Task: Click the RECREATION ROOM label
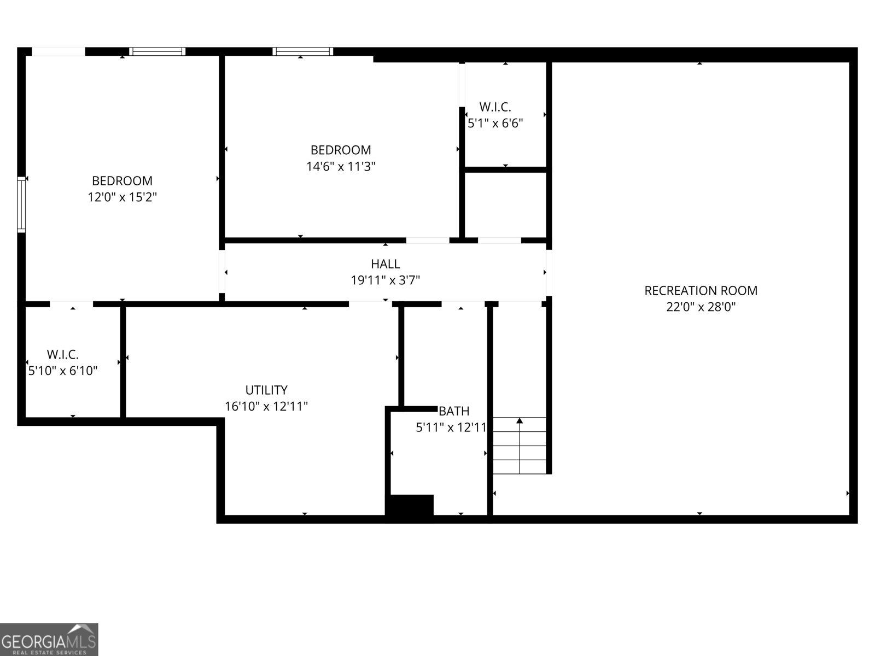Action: tap(701, 291)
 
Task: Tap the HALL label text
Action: tap(386, 264)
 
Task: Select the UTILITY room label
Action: tap(266, 390)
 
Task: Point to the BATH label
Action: tap(454, 411)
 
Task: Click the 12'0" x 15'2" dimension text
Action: tap(122, 197)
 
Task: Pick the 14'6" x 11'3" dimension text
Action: tap(341, 167)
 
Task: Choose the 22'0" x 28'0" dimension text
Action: tap(701, 307)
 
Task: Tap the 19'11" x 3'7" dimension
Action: tap(386, 280)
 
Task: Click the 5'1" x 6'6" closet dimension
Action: tap(495, 124)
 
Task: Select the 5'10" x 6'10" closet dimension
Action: tap(62, 371)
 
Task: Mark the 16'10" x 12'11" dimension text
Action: tap(266, 406)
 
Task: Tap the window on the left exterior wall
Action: tap(21, 204)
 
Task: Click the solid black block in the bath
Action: tap(410, 505)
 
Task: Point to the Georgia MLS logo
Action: tap(49, 639)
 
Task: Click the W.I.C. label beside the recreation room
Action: tap(495, 107)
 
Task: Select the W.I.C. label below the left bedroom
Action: tap(62, 354)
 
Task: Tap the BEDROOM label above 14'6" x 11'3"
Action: tap(341, 150)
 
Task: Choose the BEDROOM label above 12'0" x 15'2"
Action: tap(122, 181)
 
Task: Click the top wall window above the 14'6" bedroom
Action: tap(303, 51)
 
